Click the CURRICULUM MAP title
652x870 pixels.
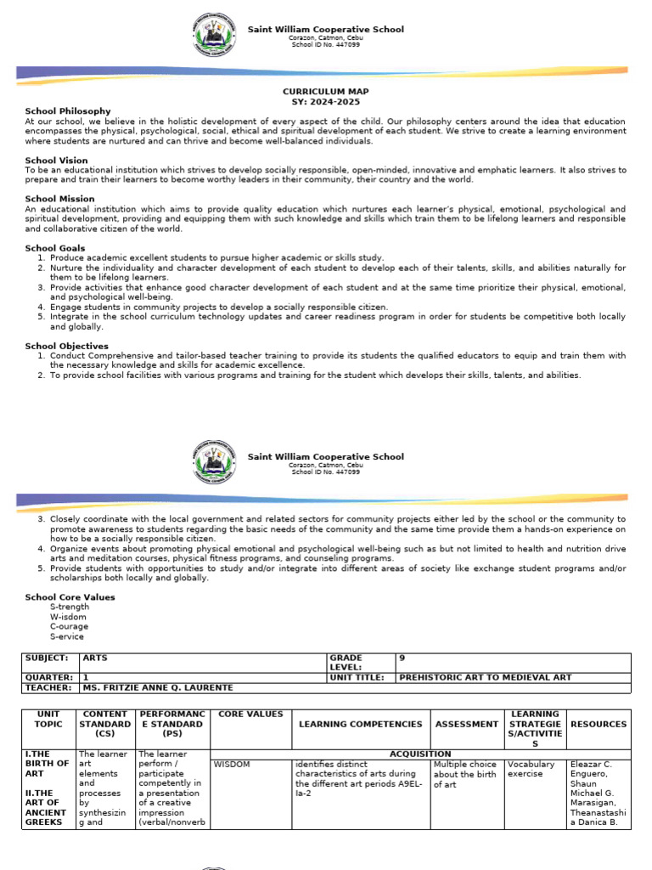[326, 91]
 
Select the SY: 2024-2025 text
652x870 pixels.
[326, 101]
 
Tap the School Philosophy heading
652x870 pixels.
[68, 111]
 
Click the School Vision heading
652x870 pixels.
[56, 160]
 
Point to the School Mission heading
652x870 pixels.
[59, 199]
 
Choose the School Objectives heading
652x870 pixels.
[66, 346]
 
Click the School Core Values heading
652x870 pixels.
[70, 597]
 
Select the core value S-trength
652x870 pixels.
[70, 607]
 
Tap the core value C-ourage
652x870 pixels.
[69, 626]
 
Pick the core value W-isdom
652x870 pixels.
[67, 617]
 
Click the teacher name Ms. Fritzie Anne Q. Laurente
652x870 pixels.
[156, 687]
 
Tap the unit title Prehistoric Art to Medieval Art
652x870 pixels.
[485, 677]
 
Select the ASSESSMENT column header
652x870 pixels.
[466, 724]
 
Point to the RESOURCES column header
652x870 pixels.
[599, 724]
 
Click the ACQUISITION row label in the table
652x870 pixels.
[419, 754]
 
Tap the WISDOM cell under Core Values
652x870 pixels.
[232, 764]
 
